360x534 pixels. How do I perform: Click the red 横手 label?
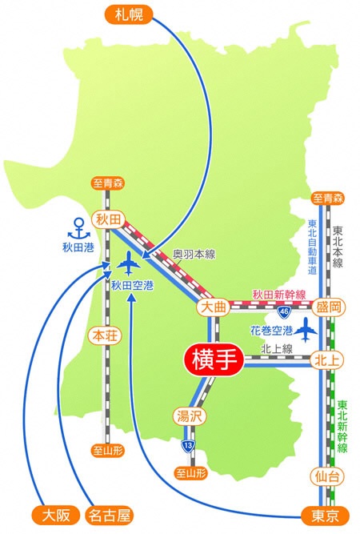click(214, 359)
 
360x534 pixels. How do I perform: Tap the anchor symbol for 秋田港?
click(79, 227)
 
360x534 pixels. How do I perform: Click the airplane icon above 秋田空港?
click(128, 262)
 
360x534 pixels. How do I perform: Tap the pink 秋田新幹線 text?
click(279, 295)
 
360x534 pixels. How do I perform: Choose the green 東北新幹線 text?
click(342, 427)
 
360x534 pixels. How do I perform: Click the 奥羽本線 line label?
click(194, 254)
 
